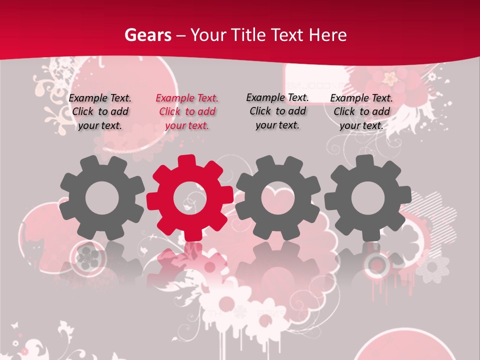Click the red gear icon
(x=190, y=198)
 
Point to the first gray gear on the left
(x=102, y=198)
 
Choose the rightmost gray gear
(x=368, y=198)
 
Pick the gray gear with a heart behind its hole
(x=278, y=198)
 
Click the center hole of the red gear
(x=190, y=198)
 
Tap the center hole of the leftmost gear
(x=102, y=198)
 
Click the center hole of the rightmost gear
(x=368, y=198)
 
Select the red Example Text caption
(x=187, y=112)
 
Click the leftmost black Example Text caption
(x=100, y=112)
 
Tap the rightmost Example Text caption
(x=361, y=112)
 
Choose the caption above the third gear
(x=277, y=111)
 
